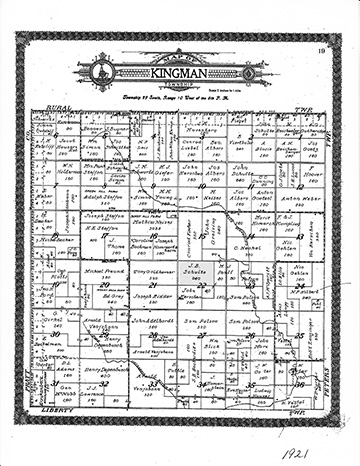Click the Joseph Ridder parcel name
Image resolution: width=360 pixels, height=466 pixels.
tap(148, 297)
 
